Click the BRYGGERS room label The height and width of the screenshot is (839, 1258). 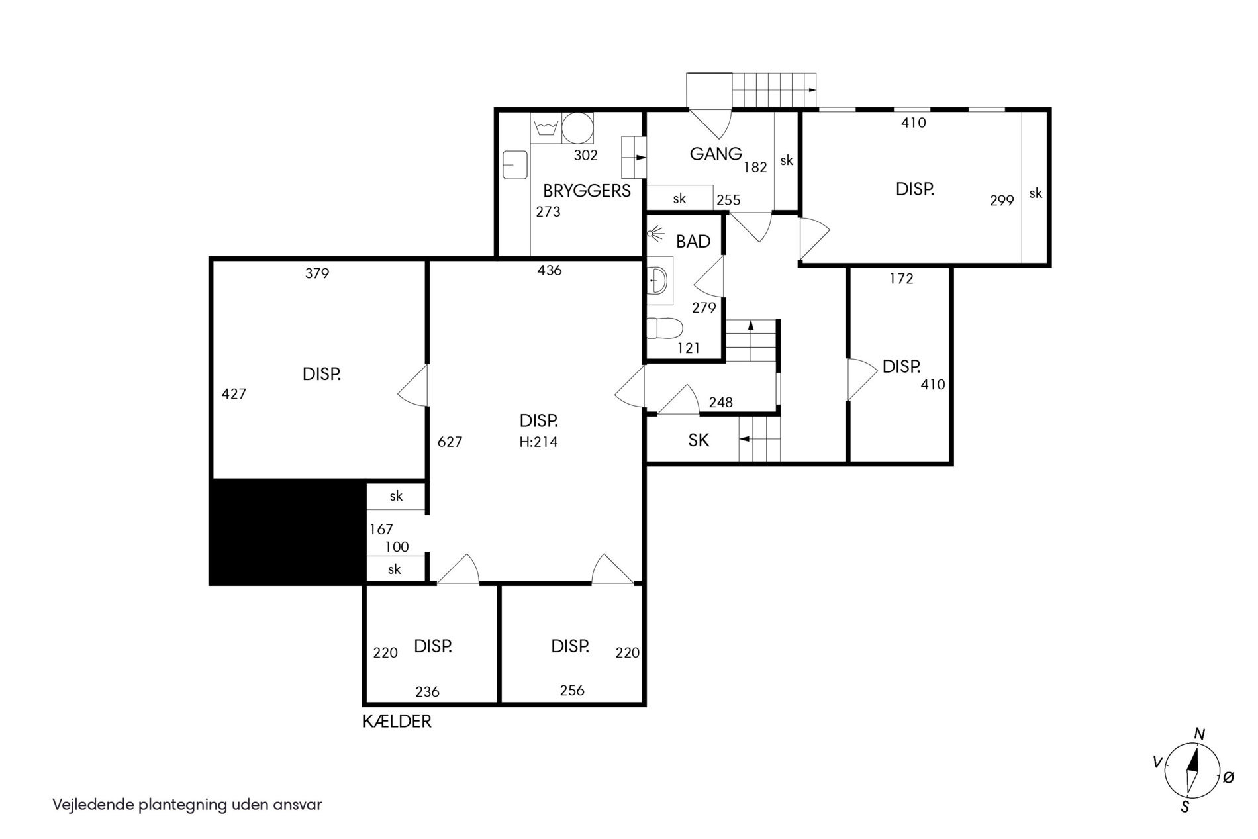[x=587, y=191]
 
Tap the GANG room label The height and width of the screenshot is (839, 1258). [x=716, y=154]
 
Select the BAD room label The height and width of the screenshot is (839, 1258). [x=693, y=242]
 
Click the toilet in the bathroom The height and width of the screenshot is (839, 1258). [x=665, y=328]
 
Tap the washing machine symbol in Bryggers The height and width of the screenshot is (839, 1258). [x=546, y=128]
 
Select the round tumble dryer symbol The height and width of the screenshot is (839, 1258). [x=577, y=128]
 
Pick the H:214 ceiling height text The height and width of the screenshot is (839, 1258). [x=538, y=442]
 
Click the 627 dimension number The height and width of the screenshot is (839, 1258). [x=450, y=442]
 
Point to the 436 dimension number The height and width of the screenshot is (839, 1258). [x=550, y=270]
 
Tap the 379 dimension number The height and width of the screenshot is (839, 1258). [x=317, y=273]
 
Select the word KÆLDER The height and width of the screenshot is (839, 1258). [x=397, y=722]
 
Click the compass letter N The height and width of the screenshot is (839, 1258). [x=1198, y=734]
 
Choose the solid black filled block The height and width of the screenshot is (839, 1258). [x=288, y=532]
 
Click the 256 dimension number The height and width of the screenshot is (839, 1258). [x=572, y=691]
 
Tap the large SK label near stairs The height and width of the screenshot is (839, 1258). [x=699, y=440]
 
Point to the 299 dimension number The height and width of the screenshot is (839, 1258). [x=1002, y=201]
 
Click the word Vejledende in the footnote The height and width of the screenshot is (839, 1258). [x=94, y=805]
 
